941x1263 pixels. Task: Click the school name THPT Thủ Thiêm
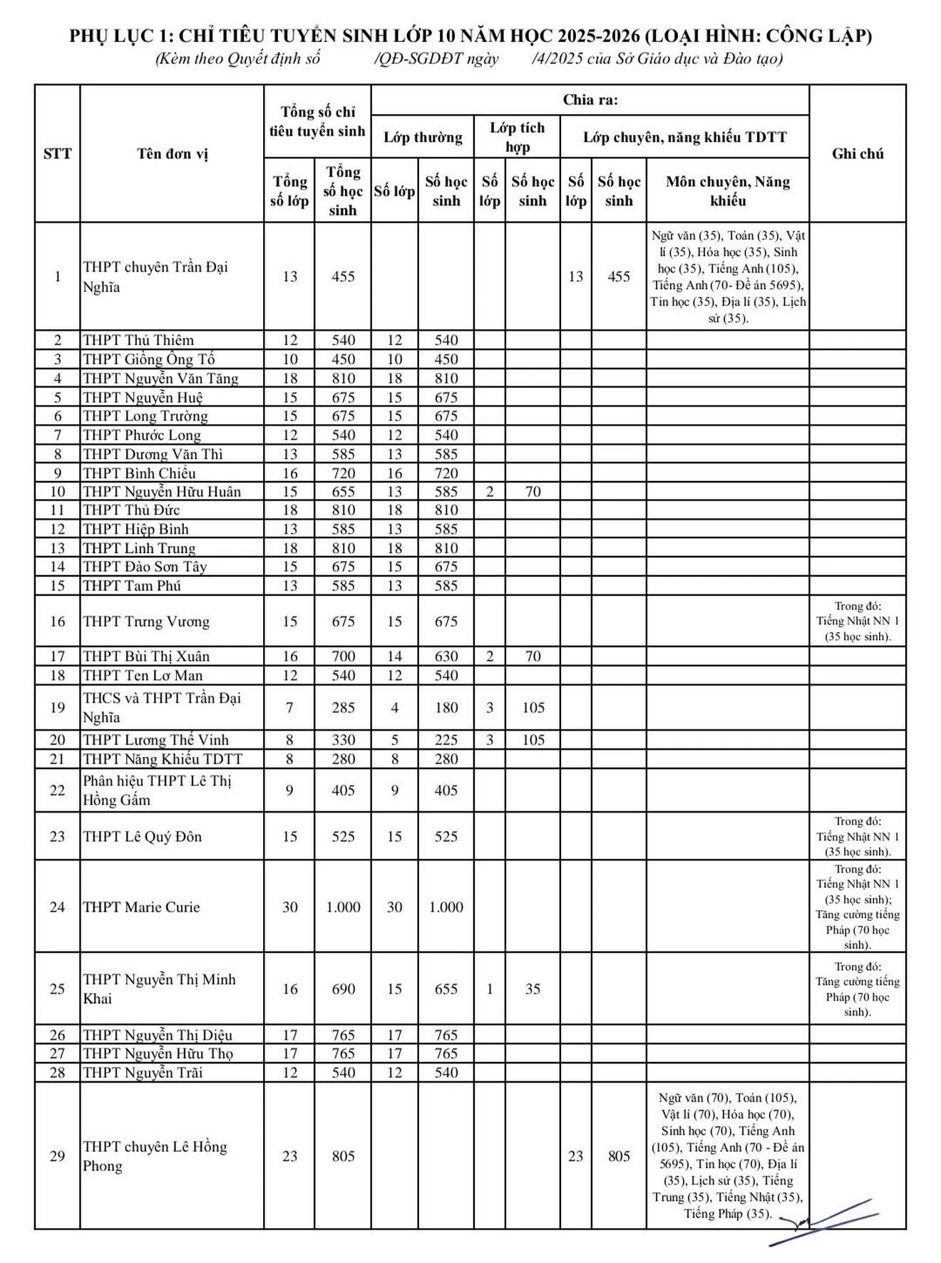(138, 341)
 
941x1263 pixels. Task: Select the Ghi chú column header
(858, 154)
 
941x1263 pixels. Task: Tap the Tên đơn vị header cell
(173, 154)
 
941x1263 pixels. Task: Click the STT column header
(57, 154)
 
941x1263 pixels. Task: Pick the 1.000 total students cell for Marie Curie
(343, 907)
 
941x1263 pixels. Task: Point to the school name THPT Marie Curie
(141, 907)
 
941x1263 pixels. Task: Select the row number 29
(57, 1156)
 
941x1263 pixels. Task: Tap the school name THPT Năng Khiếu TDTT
(163, 759)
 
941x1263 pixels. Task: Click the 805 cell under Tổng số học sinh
(343, 1156)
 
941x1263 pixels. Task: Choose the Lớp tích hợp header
(517, 137)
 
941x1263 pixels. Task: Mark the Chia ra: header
(590, 100)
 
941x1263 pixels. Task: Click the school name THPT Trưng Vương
(146, 622)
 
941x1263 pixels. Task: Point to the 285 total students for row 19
(343, 708)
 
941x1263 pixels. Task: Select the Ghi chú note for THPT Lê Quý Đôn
(858, 837)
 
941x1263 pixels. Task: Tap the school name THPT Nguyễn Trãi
(143, 1073)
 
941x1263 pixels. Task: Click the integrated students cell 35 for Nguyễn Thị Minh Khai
(533, 989)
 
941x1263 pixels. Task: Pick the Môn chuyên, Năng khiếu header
(727, 191)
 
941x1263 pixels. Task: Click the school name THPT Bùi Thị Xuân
(146, 656)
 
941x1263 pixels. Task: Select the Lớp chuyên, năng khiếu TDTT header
(684, 137)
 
